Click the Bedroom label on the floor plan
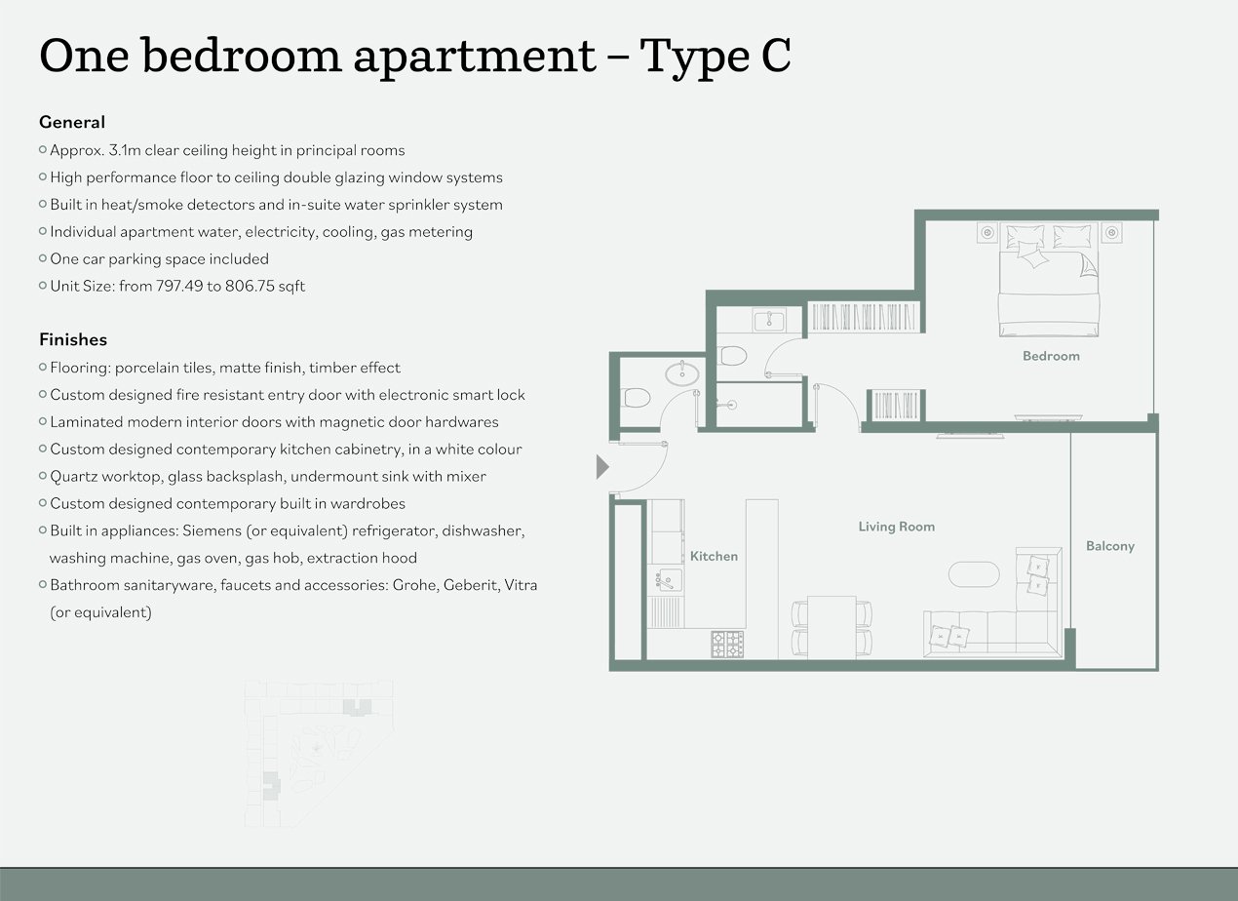coord(1051,356)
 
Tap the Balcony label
coord(1109,546)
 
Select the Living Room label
coord(897,527)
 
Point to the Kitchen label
coord(714,556)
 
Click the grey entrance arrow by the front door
coord(601,467)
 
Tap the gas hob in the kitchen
coord(727,644)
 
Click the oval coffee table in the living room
coord(974,574)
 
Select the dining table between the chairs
coord(832,627)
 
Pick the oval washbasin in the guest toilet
coord(682,373)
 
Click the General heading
coord(72,122)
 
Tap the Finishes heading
coord(73,339)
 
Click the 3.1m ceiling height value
coord(125,150)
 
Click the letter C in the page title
coord(776,56)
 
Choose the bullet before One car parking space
coord(43,258)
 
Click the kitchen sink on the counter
coord(668,580)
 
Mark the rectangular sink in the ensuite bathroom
coord(768,320)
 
